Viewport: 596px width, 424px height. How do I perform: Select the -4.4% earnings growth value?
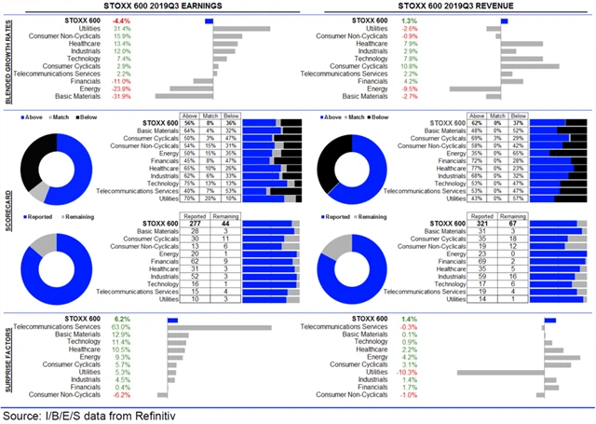(120, 20)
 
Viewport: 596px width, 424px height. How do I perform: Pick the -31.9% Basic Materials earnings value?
(118, 96)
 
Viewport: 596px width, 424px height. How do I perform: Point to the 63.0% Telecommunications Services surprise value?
(120, 327)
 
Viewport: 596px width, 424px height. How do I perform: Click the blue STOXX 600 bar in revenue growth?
(505, 21)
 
